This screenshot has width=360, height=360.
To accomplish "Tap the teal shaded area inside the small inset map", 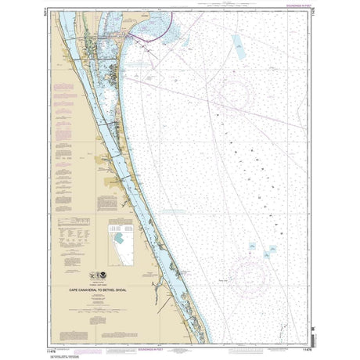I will (x=118, y=235).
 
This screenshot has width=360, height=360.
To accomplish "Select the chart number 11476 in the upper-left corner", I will (x=53, y=11).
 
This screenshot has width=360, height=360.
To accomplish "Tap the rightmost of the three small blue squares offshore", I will (x=272, y=250).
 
